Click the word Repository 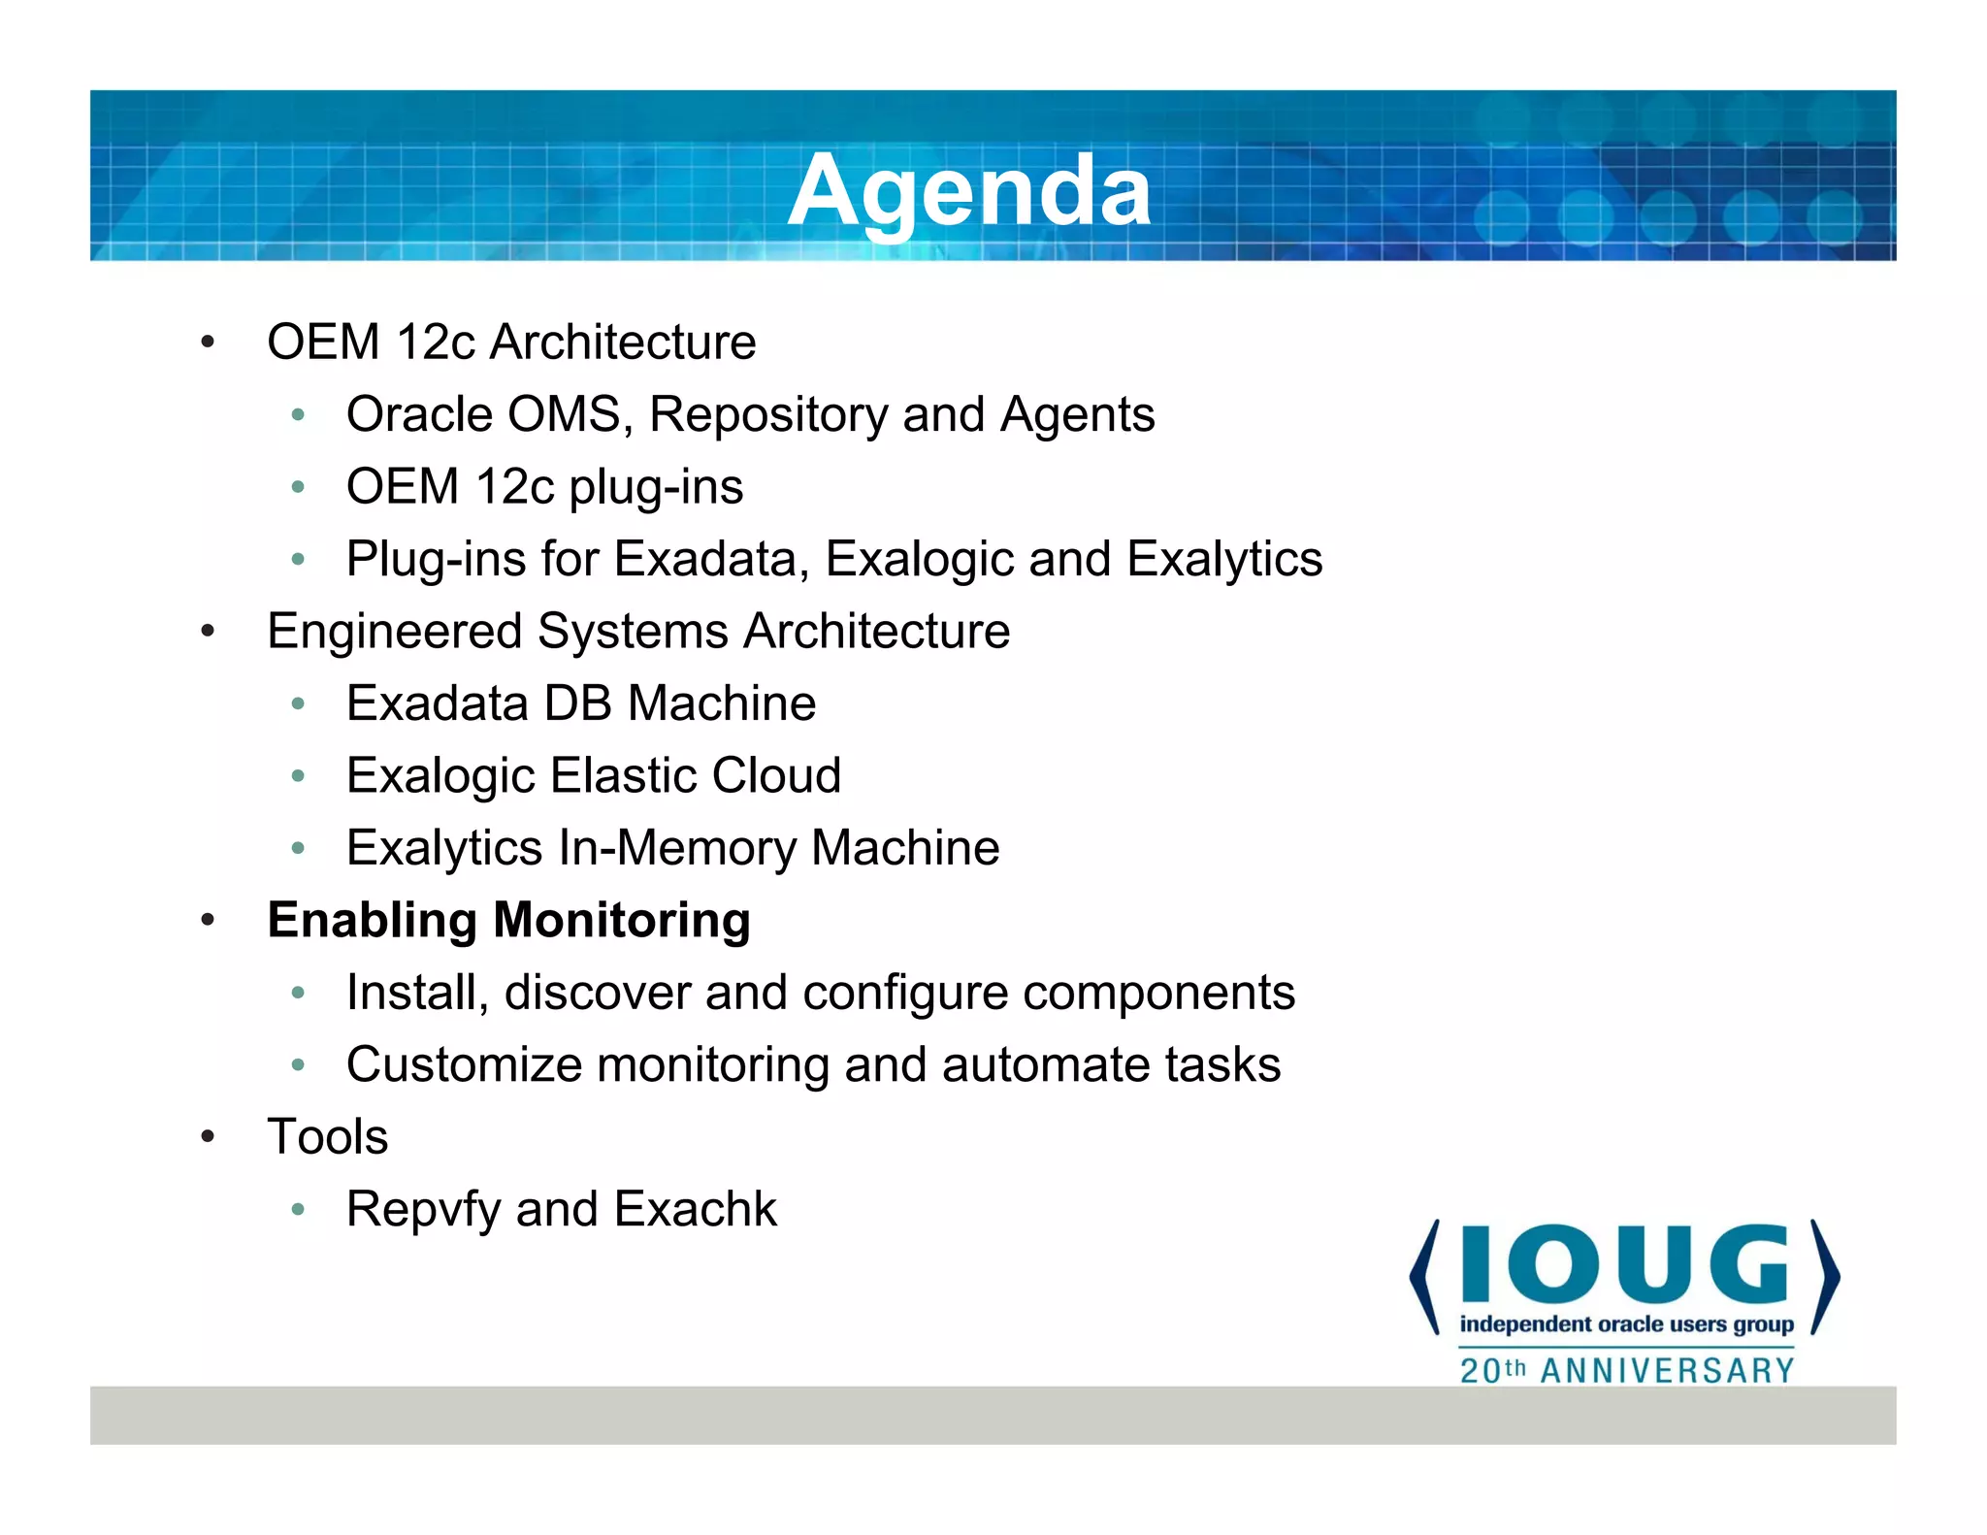coord(768,415)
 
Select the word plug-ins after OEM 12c coord(656,487)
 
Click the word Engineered coord(394,632)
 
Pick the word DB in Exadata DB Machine coord(577,703)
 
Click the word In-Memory coord(676,848)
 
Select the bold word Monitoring coord(622,921)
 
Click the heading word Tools coord(328,1137)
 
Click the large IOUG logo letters coord(1624,1264)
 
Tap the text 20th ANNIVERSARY coord(1627,1371)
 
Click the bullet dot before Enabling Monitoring coord(207,921)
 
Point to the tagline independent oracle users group coord(1626,1324)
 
